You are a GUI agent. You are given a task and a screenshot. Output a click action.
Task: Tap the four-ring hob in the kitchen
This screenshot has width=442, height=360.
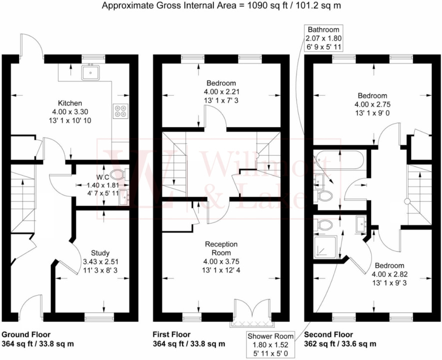tap(120, 110)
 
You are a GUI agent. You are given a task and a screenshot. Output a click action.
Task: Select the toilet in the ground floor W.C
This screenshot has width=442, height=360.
tap(117, 174)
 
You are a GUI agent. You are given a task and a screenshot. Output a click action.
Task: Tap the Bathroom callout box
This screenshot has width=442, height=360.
tap(324, 38)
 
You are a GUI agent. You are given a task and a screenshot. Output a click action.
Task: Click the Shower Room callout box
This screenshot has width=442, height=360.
tap(271, 343)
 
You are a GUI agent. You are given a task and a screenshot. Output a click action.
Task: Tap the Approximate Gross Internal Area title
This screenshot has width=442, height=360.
tap(221, 6)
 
